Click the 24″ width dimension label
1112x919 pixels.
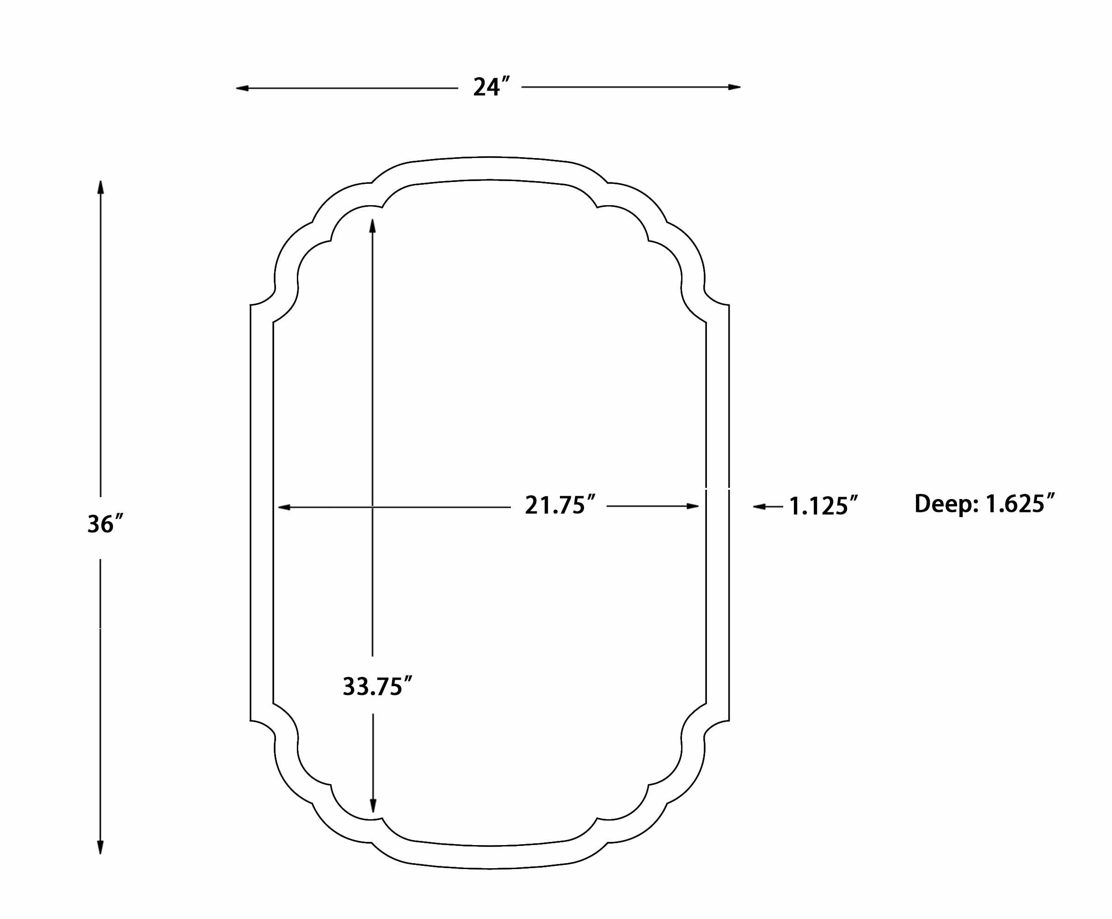tap(491, 87)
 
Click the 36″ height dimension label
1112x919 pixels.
tap(105, 524)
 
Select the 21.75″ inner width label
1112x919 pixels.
tap(560, 505)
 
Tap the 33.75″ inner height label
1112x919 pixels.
tap(377, 687)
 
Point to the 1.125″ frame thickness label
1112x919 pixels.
tap(823, 506)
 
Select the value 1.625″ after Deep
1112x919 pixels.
tap(1020, 504)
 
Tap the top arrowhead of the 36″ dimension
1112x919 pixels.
tap(101, 187)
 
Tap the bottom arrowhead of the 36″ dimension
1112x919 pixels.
tap(100, 847)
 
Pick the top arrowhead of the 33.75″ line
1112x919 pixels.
tap(372, 226)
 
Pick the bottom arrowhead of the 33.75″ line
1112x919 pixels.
tap(373, 806)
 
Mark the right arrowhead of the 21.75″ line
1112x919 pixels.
tap(693, 506)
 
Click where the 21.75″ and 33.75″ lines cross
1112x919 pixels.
tap(372, 507)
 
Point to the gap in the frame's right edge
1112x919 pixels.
tap(718, 488)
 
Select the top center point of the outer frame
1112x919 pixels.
tap(490, 157)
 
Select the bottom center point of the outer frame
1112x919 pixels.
tap(490, 869)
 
